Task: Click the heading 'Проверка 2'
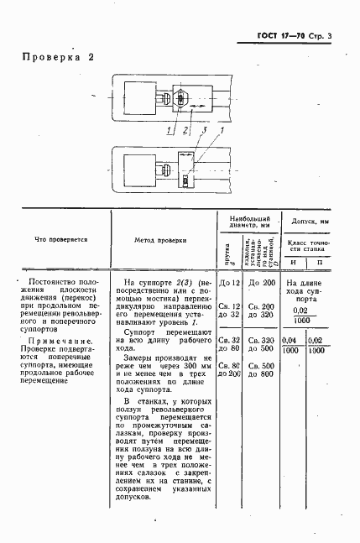point(57,58)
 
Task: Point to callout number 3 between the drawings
point(194,131)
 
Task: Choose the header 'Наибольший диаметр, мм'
point(245,222)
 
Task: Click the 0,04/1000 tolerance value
point(293,345)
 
